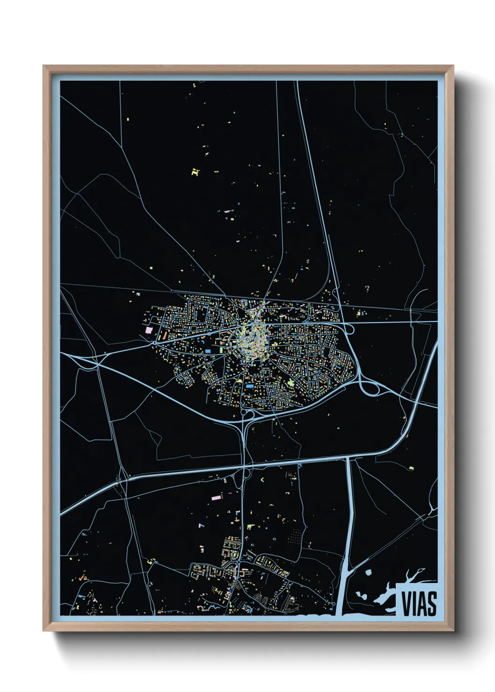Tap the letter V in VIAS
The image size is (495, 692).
pyautogui.click(x=406, y=603)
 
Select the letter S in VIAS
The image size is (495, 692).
pyautogui.click(x=431, y=603)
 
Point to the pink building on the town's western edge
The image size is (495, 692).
pyautogui.click(x=149, y=330)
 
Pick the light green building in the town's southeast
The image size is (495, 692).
pyautogui.click(x=292, y=383)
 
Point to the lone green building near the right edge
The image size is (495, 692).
pyautogui.click(x=412, y=467)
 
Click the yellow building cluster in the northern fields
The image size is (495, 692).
pyautogui.click(x=195, y=172)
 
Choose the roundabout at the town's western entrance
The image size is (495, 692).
pyautogui.click(x=154, y=343)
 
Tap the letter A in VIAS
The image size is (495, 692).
pyautogui.click(x=422, y=603)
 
